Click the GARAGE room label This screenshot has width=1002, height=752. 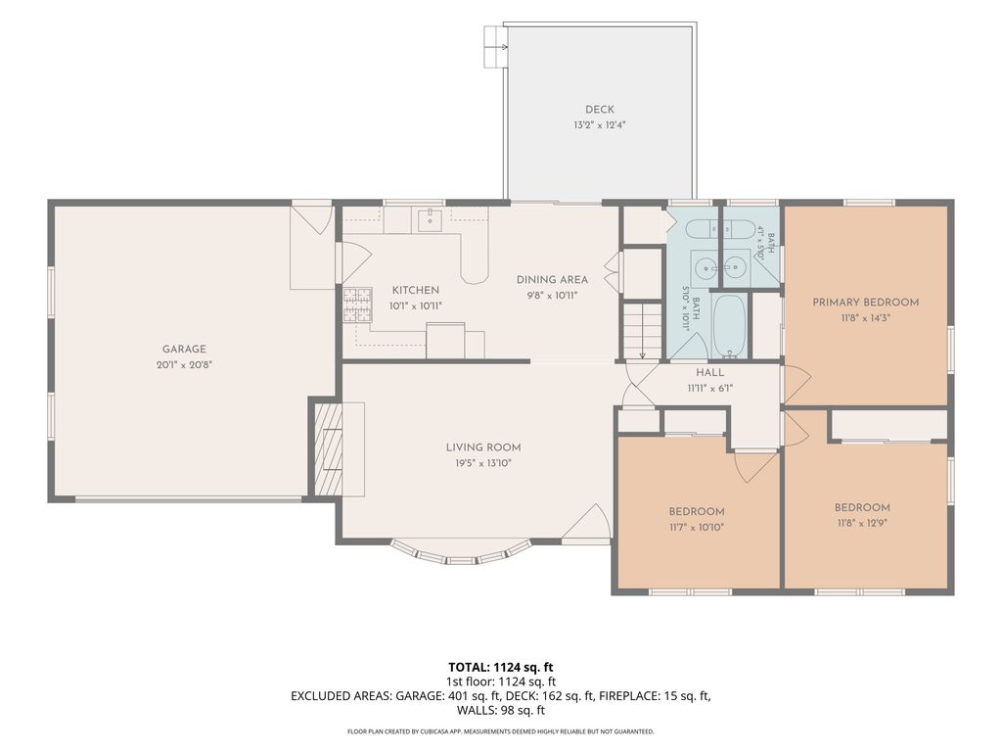[x=184, y=350]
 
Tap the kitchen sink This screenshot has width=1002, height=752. [x=431, y=218]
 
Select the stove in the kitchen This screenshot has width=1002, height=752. [x=357, y=305]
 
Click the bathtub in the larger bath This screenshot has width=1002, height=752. [x=728, y=325]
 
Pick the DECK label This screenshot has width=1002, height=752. [x=600, y=110]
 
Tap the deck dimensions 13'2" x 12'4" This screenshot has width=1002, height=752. [x=600, y=125]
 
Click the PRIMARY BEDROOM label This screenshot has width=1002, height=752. [x=865, y=303]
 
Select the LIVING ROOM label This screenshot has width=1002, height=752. [x=483, y=447]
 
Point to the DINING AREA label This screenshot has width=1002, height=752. [x=552, y=279]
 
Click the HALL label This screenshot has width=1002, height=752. [x=710, y=372]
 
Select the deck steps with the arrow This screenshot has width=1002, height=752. [x=494, y=47]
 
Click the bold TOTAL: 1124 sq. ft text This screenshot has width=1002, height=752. [x=500, y=668]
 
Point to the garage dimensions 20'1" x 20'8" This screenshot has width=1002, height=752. [x=184, y=365]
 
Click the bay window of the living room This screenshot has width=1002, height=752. [x=461, y=555]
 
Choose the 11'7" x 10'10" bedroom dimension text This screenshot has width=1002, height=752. [x=697, y=528]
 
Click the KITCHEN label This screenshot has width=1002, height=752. [x=415, y=290]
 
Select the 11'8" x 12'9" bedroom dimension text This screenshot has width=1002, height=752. [x=862, y=523]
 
